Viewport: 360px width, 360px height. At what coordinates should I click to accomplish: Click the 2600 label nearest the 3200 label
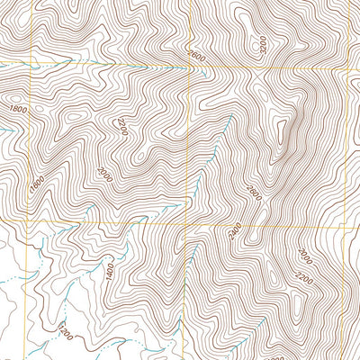(x=197, y=57)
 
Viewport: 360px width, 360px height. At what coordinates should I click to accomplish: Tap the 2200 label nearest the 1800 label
(x=121, y=126)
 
